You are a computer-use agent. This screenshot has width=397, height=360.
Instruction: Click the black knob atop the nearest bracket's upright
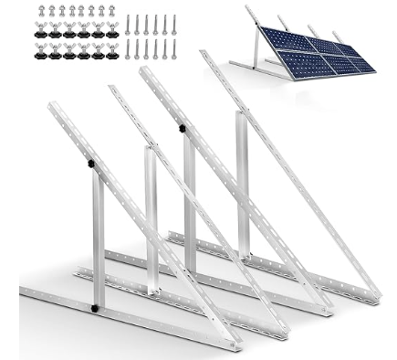[x=91, y=164]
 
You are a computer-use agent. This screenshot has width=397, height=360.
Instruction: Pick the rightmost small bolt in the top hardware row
[x=112, y=12]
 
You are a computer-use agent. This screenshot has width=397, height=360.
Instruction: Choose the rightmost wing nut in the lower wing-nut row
[x=112, y=52]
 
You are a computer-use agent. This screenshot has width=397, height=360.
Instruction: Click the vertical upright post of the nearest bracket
[x=98, y=238]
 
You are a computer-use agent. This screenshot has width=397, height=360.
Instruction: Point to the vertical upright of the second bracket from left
[x=151, y=215]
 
